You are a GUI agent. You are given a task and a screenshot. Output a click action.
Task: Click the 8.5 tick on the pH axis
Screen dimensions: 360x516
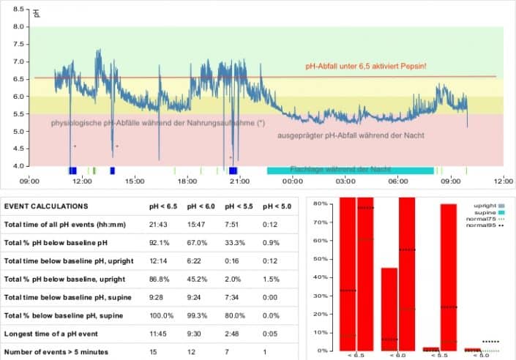coord(20,10)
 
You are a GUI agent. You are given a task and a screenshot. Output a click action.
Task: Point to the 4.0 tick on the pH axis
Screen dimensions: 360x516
coord(20,166)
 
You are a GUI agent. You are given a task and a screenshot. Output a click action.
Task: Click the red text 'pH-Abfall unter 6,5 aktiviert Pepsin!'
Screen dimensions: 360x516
coord(366,67)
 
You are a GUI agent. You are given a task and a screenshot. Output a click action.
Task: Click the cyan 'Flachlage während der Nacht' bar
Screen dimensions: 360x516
coord(350,170)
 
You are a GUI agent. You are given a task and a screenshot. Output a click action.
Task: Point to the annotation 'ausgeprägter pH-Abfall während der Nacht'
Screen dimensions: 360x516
coord(351,135)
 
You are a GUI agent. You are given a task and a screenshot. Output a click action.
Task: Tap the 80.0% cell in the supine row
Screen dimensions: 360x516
coord(236,315)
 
